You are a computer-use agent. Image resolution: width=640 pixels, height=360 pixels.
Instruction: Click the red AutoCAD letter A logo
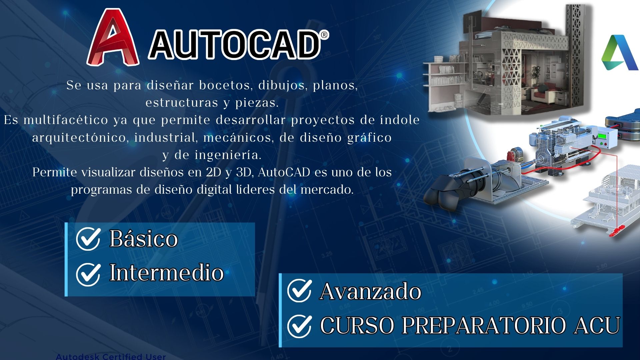point(113,37)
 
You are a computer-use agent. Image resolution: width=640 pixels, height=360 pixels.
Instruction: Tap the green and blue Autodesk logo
point(620,52)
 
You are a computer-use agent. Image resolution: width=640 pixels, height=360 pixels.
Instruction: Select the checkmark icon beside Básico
point(88,239)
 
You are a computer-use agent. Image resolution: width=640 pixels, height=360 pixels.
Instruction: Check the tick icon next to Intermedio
point(88,274)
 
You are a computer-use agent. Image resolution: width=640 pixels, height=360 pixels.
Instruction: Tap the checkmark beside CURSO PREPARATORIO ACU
point(299,326)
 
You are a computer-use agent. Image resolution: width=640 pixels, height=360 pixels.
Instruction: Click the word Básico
point(144,239)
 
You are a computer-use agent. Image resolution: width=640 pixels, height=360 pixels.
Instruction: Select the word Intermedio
point(167,273)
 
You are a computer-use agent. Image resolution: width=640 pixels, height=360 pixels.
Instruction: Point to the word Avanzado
point(370,291)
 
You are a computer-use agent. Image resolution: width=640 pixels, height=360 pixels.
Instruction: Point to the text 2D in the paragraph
point(214,172)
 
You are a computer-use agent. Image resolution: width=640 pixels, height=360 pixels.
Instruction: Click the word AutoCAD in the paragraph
point(284,172)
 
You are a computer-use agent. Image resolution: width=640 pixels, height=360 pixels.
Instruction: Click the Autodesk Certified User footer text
point(111,356)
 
